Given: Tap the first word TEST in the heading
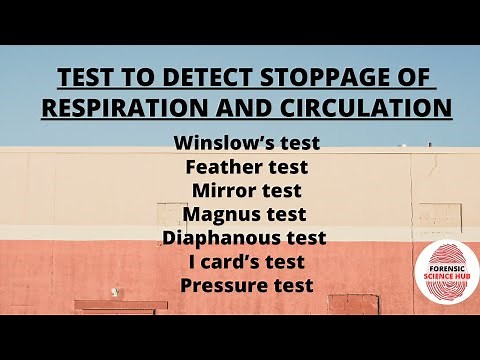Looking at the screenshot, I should (85, 78).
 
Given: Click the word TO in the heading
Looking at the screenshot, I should (127, 78).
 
